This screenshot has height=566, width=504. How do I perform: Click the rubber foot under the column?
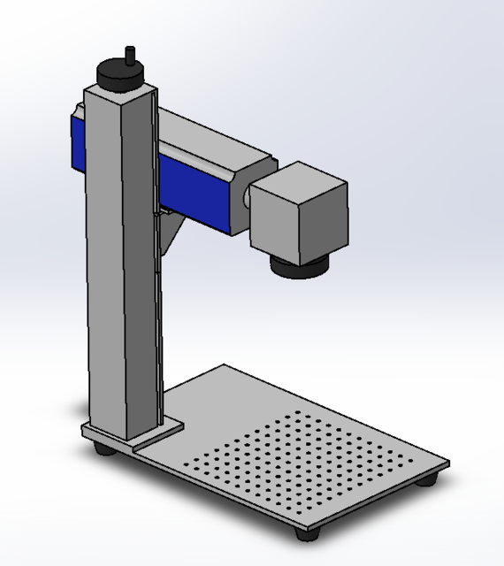click(103, 449)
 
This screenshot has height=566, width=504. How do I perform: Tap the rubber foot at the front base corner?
click(309, 533)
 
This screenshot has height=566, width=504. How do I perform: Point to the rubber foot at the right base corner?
click(431, 479)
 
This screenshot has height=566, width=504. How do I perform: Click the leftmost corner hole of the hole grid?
click(187, 463)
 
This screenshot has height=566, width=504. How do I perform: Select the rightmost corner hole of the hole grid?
click(411, 461)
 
